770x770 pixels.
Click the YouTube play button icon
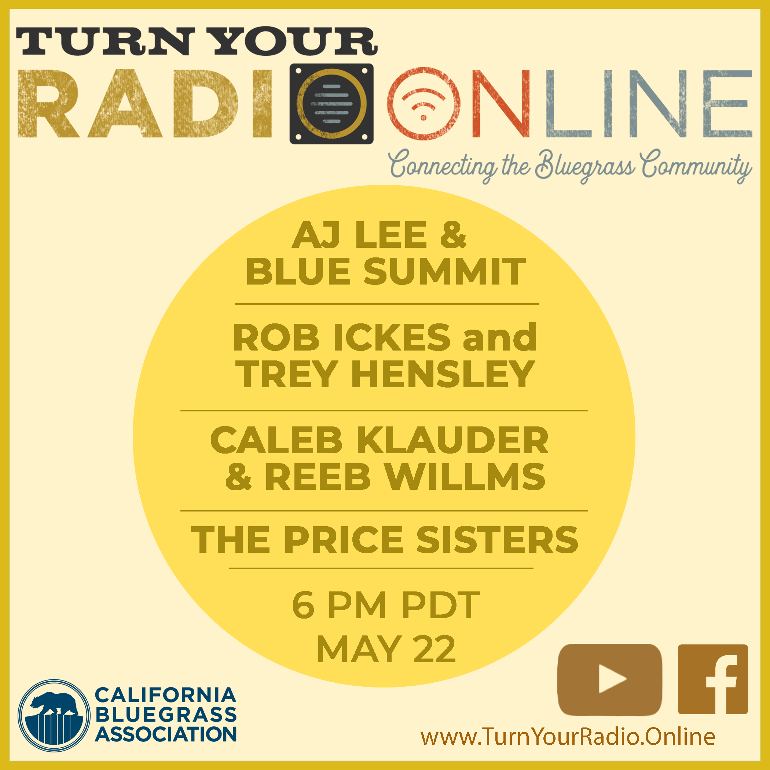pos(610,679)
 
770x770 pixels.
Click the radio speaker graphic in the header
pos(331,104)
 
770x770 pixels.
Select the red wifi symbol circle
pos(423,104)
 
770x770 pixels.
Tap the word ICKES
pos(392,338)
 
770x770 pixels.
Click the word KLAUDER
pos(452,440)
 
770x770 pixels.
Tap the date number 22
pos(434,650)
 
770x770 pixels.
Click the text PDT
pos(440,605)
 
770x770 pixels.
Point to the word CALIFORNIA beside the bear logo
pos(165,695)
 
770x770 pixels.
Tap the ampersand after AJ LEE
pos(453,235)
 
